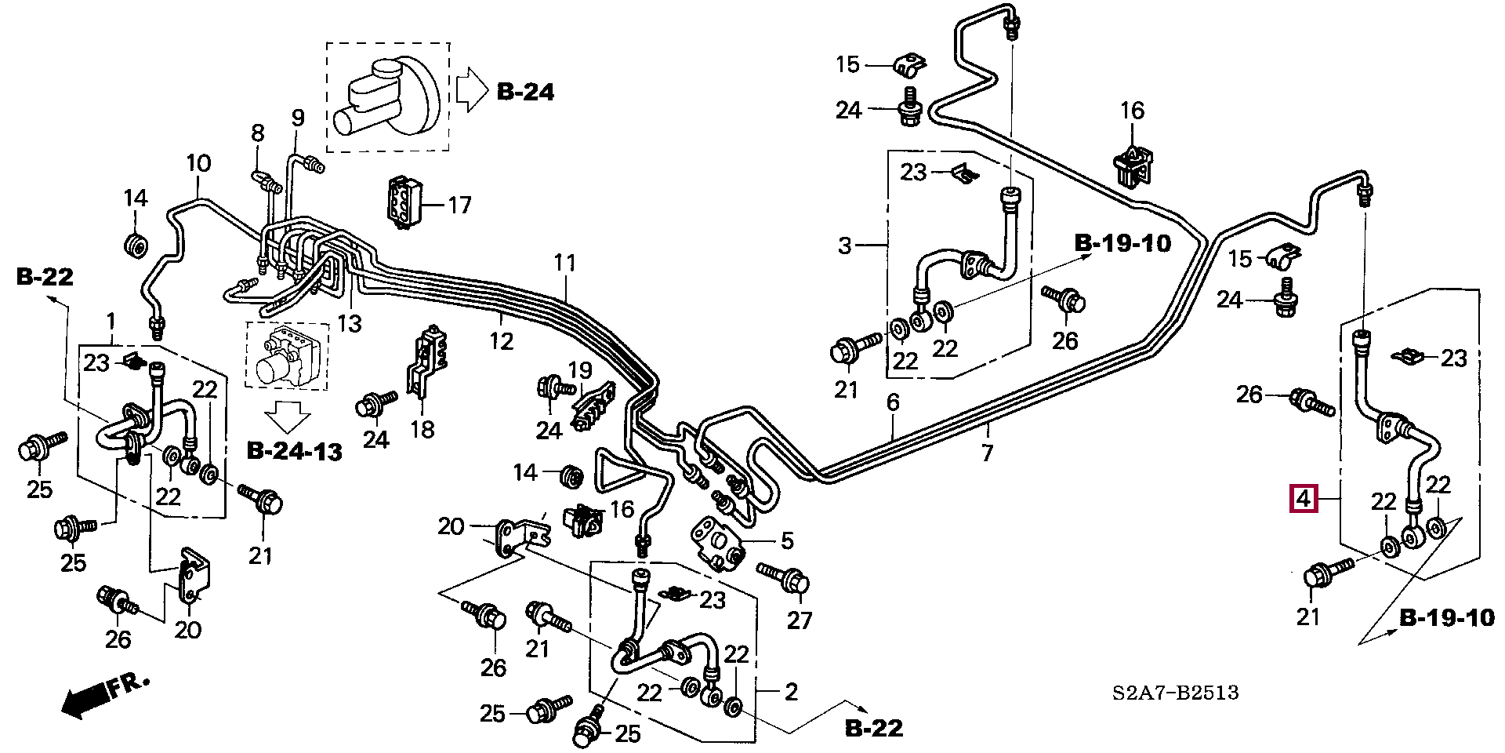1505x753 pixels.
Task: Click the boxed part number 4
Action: (1304, 498)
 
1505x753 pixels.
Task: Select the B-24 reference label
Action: (525, 92)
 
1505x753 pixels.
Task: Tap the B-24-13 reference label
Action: (294, 452)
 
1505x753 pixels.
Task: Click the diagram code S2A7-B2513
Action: (1175, 693)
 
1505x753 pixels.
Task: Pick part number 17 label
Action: (459, 206)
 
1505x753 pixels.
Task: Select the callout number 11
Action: (564, 263)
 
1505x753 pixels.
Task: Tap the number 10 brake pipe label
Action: (198, 164)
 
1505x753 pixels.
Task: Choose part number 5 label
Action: (787, 540)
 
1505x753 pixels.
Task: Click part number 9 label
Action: (297, 118)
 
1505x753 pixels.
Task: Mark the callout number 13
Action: (350, 322)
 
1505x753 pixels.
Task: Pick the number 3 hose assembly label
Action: (844, 246)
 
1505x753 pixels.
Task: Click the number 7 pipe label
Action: (987, 453)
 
